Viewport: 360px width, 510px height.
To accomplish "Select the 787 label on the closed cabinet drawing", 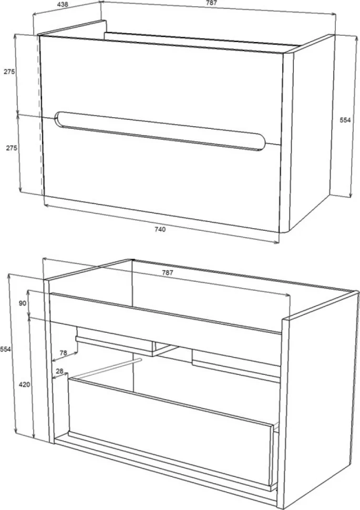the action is coord(211,3).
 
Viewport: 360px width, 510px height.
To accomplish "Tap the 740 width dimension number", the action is coord(160,229).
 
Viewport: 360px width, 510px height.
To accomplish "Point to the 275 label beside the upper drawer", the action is coord(9,72).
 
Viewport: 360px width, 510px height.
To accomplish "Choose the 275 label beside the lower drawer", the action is coord(12,148).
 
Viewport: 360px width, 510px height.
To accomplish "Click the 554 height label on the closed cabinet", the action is coord(345,120).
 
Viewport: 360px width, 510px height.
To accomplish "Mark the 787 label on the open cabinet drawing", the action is coord(168,273).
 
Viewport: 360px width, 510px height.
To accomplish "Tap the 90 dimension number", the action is coord(22,303).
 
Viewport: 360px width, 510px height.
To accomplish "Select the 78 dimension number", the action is coord(64,353).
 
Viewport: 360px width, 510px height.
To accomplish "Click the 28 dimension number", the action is coord(59,371).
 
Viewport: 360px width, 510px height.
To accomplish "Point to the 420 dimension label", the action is coord(24,385).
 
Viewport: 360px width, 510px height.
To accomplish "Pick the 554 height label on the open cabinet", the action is coord(6,349).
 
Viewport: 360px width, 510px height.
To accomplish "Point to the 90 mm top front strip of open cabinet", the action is coord(166,312).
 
